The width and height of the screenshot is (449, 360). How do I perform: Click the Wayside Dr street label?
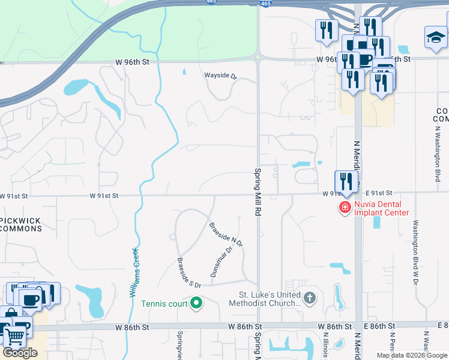point(221,76)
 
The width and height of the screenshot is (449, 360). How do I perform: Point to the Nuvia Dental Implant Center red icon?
point(345,208)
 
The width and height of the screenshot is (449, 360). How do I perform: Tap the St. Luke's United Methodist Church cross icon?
point(309,298)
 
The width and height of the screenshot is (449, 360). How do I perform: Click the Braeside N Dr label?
point(225,235)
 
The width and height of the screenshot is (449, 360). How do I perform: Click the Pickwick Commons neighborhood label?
point(21,225)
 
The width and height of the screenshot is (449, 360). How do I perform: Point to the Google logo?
point(20,353)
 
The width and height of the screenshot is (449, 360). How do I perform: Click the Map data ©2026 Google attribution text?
point(412,355)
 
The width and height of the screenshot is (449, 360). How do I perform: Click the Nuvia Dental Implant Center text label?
point(381,208)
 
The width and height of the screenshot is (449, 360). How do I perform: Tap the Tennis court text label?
point(164,304)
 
